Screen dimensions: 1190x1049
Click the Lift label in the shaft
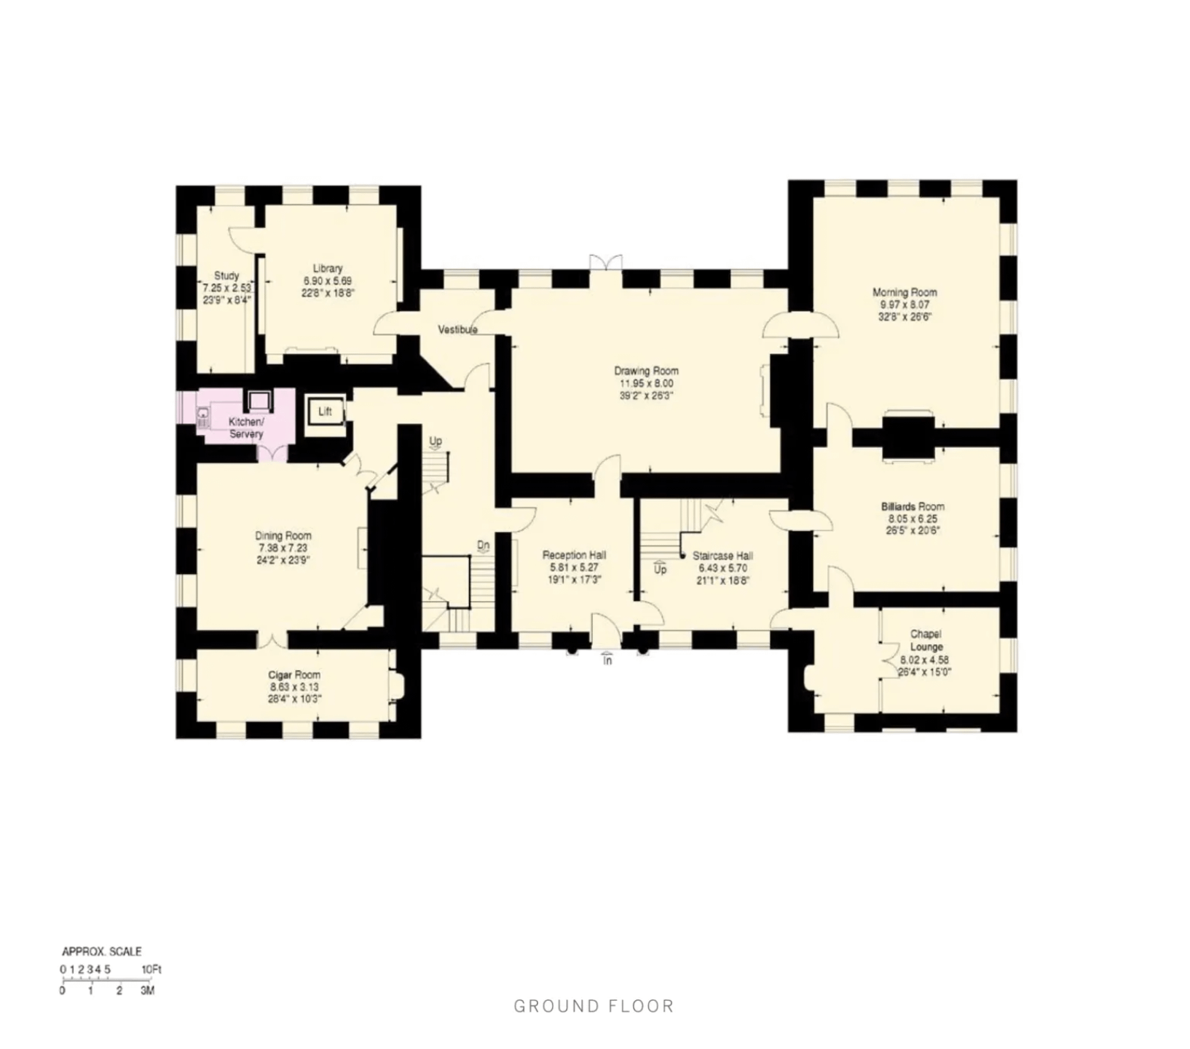pos(325,412)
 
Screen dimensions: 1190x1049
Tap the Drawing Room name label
pos(646,371)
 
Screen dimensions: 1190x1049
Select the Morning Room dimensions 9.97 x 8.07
pos(905,305)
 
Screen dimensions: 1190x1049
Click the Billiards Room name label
pos(913,506)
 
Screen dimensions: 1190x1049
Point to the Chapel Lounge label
pos(926,640)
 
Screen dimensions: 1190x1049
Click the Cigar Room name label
pos(294,675)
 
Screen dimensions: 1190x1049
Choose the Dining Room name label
pos(283,535)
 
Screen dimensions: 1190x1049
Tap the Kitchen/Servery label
pos(246,428)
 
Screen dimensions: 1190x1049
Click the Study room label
pos(226,276)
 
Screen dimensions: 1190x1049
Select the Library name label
pos(328,268)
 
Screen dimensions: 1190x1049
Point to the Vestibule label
pos(457,330)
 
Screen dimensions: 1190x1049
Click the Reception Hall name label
pos(574,555)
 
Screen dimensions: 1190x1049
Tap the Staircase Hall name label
pos(722,556)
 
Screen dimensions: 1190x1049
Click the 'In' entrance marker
pos(607,661)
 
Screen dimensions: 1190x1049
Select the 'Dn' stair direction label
pos(484,545)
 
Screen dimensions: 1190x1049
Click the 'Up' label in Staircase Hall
pos(660,570)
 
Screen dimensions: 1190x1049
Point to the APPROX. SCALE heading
pos(102,951)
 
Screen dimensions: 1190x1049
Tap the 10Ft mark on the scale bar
pos(151,970)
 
